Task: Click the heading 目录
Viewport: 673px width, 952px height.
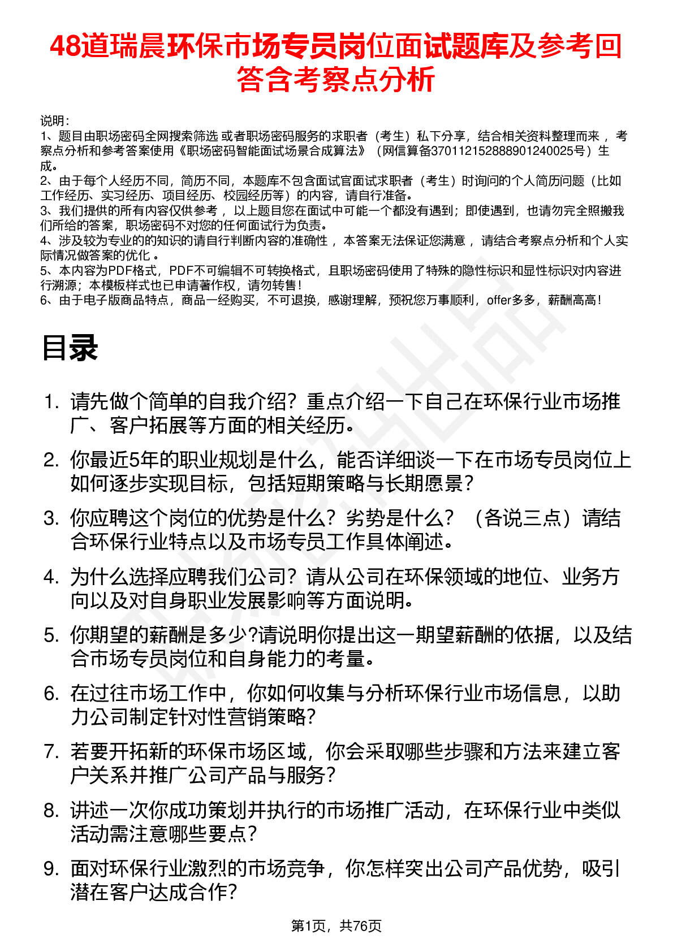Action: pyautogui.click(x=70, y=348)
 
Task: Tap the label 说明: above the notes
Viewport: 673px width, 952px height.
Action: pyautogui.click(x=55, y=121)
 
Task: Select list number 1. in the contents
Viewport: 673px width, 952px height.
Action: pyautogui.click(x=51, y=403)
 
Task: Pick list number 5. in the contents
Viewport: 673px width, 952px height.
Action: pyautogui.click(x=51, y=636)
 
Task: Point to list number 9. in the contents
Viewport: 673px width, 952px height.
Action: pyautogui.click(x=51, y=869)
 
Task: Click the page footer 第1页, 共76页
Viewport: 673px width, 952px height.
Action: pyautogui.click(x=336, y=925)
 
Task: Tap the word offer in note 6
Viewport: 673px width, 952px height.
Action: pyautogui.click(x=499, y=300)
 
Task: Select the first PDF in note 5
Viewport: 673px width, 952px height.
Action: pyautogui.click(x=120, y=271)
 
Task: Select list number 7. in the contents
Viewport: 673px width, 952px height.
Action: pyautogui.click(x=51, y=752)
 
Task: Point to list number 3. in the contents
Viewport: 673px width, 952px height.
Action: pyautogui.click(x=51, y=519)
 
